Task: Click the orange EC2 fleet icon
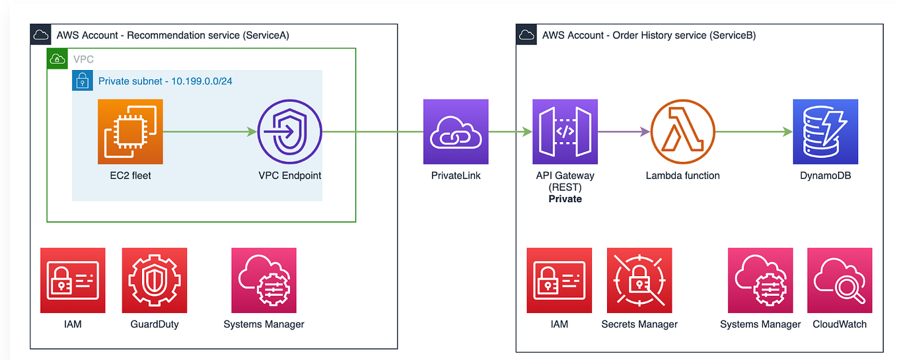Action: [x=130, y=132]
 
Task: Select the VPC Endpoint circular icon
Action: [x=289, y=132]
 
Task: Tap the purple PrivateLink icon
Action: [x=456, y=132]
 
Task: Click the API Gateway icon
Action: [x=565, y=132]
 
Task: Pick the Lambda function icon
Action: [x=682, y=132]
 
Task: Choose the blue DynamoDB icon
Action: [x=825, y=132]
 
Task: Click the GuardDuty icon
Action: [x=154, y=280]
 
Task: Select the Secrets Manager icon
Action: [x=639, y=280]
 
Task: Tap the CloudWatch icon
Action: [x=839, y=280]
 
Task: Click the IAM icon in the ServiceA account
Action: [x=73, y=280]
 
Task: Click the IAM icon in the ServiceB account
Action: [x=559, y=280]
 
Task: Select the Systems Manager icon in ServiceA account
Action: [x=264, y=280]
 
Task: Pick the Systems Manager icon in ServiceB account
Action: [x=760, y=280]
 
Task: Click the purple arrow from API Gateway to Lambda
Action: [x=624, y=132]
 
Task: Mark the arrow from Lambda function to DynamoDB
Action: [x=753, y=132]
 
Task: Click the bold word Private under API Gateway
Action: [x=565, y=198]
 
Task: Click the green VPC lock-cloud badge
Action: [x=57, y=59]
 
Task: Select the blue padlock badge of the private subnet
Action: [x=82, y=81]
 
